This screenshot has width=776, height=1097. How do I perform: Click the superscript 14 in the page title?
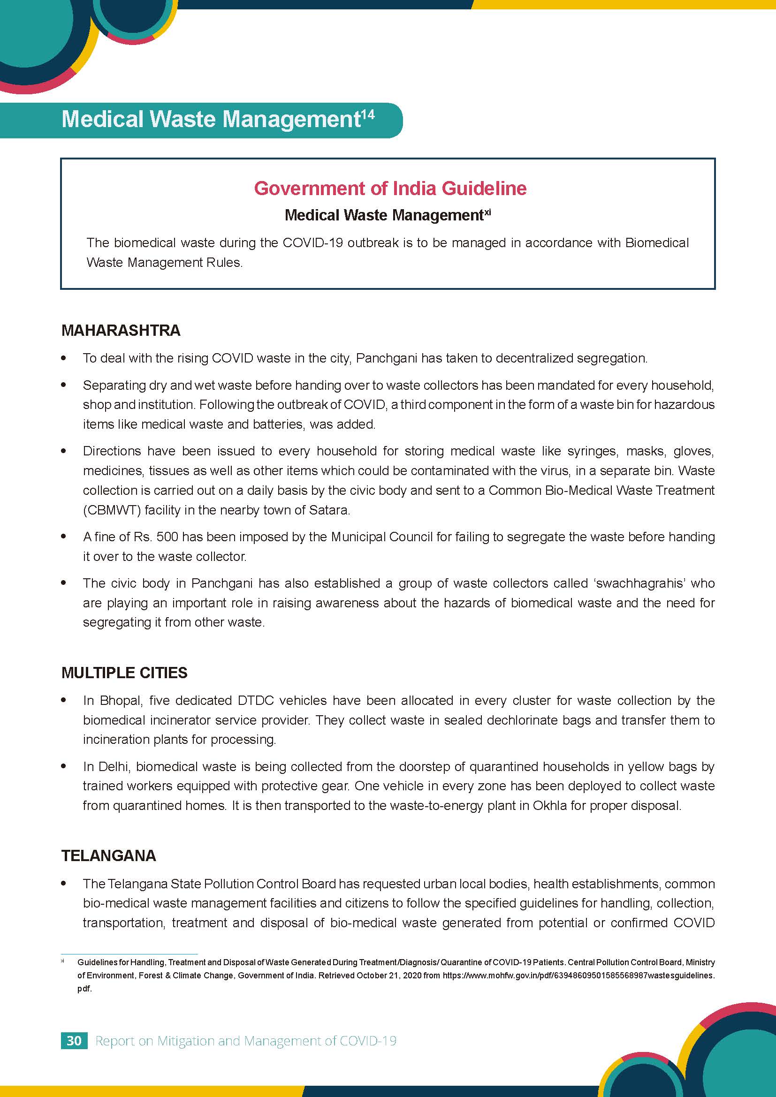368,114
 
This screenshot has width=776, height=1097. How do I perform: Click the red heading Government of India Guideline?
390,188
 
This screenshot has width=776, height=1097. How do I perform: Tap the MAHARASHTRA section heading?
121,330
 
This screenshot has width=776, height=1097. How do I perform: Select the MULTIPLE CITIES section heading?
124,673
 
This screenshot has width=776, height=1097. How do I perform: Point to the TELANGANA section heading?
108,855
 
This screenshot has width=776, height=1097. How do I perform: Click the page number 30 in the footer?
74,1041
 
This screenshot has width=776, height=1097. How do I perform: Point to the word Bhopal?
120,700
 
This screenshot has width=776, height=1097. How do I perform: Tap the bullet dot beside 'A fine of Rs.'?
64,537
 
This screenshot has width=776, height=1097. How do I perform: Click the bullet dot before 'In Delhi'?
64,766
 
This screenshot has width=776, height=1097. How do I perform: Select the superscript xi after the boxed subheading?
487,212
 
